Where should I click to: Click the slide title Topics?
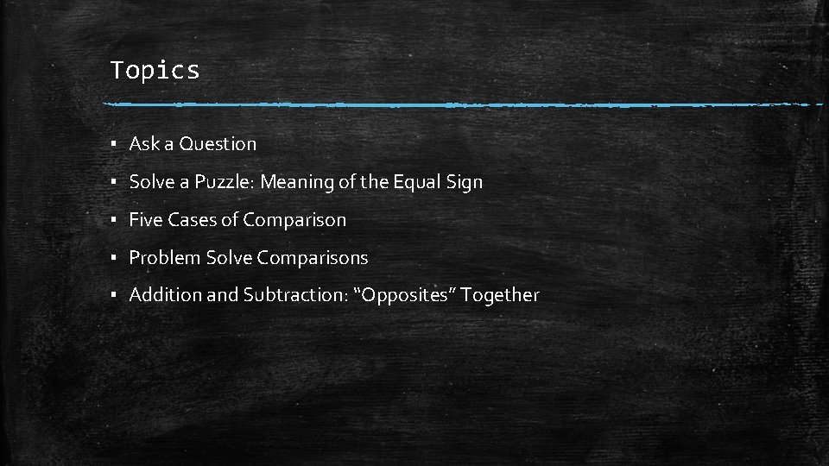pyautogui.click(x=155, y=70)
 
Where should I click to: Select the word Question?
pyautogui.click(x=218, y=144)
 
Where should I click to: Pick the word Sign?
pyautogui.click(x=465, y=182)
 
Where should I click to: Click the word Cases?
pyautogui.click(x=192, y=220)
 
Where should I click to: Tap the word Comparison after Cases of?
pyautogui.click(x=294, y=220)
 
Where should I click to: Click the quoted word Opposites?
pyautogui.click(x=406, y=295)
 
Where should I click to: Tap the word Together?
pyautogui.click(x=500, y=295)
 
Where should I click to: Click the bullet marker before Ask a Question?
pyautogui.click(x=114, y=145)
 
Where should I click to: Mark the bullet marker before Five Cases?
pyautogui.click(x=114, y=221)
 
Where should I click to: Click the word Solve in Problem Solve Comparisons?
pyautogui.click(x=228, y=258)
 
